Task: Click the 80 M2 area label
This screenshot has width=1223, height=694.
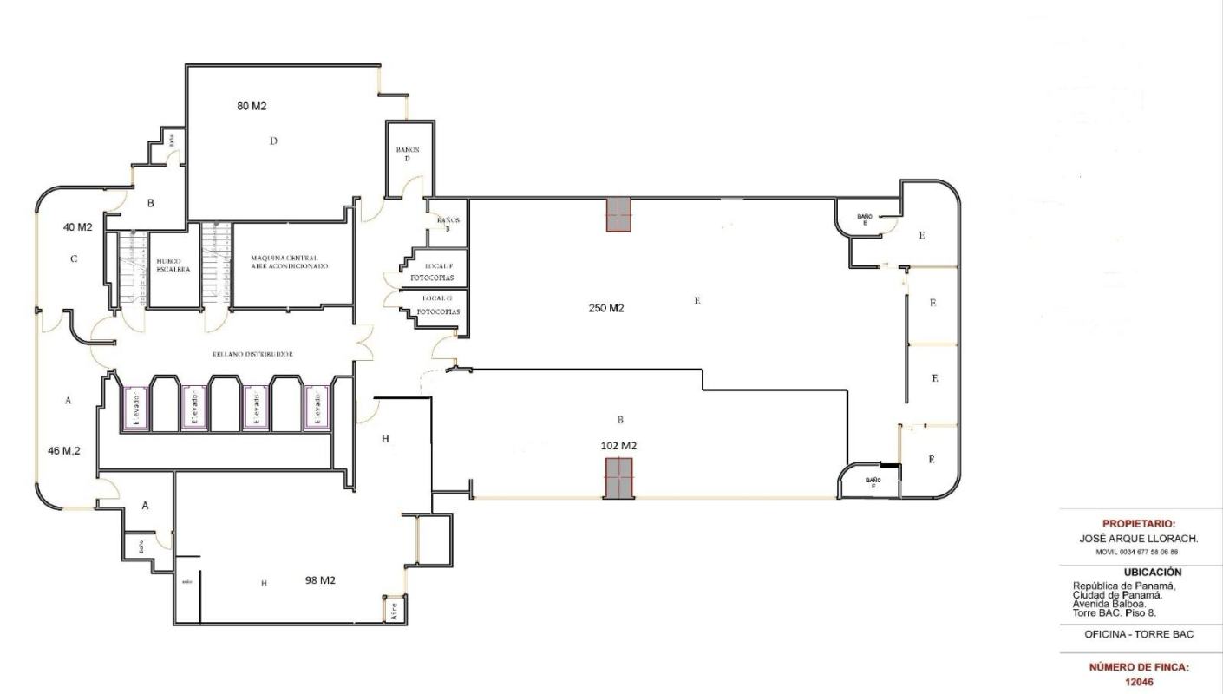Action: coord(252,106)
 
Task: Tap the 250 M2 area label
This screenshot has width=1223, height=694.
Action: coord(606,308)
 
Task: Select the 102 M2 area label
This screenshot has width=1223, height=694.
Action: coord(619,445)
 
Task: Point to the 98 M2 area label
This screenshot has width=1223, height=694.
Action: coord(320,579)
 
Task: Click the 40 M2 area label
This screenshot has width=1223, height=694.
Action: coord(77,227)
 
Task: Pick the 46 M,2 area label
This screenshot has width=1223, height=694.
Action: coord(65,451)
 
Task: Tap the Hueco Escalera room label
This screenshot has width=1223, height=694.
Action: coord(169,264)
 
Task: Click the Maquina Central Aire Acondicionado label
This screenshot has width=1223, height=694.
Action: coord(290,262)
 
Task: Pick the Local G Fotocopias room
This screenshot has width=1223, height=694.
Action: coord(438,304)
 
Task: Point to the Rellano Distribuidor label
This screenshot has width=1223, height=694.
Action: coord(252,355)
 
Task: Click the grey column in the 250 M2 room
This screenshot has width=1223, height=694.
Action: coord(618,214)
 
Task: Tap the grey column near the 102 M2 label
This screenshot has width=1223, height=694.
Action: coord(618,478)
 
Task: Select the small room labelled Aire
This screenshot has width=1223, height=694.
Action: coord(394,609)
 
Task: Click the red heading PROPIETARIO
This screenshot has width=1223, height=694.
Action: coord(1138,524)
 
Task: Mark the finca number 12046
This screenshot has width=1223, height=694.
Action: coord(1138,682)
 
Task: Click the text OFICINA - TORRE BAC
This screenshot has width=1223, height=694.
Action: coord(1138,634)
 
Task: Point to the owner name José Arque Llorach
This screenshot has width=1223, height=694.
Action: coord(1138,539)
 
